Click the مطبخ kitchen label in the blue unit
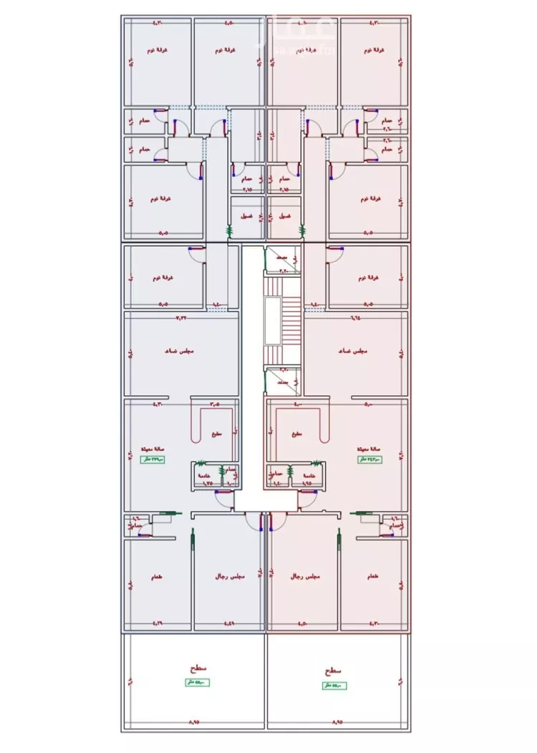click(x=217, y=434)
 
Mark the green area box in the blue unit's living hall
click(x=153, y=459)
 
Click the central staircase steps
click(x=290, y=320)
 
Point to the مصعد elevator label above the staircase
click(x=283, y=254)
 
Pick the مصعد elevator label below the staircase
click(x=283, y=383)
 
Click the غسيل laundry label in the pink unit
click(x=284, y=216)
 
